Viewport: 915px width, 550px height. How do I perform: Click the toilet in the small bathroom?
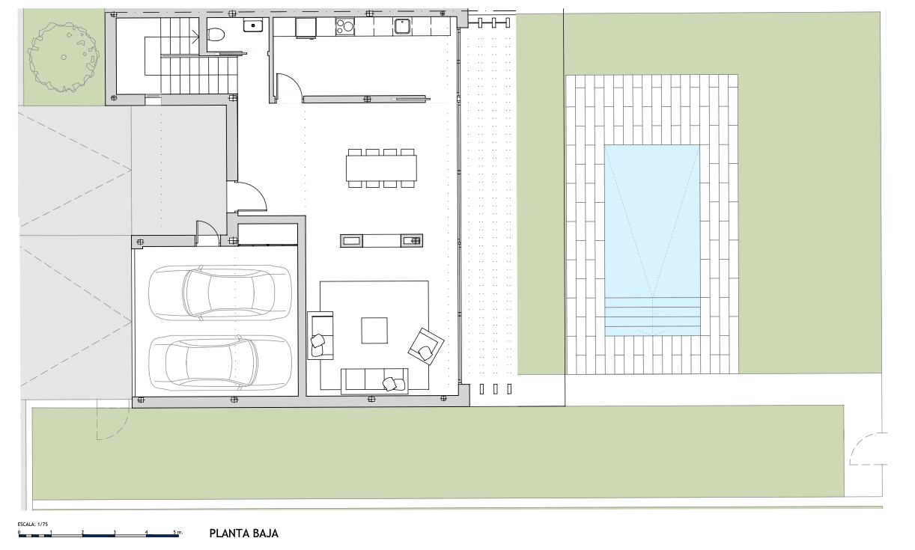[x=216, y=34]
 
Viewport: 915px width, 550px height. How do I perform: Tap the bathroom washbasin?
[x=253, y=25]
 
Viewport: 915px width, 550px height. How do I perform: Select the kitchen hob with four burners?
[x=344, y=27]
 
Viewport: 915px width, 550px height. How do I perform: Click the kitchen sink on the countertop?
[x=402, y=26]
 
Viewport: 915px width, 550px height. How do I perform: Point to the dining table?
[x=382, y=168]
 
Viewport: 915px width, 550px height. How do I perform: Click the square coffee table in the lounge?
[x=374, y=330]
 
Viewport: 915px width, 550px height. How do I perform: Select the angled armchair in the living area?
[x=425, y=346]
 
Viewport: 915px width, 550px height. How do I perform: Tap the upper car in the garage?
[x=219, y=293]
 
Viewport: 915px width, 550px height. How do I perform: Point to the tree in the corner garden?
[x=64, y=57]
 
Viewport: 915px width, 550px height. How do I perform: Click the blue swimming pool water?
[x=652, y=240]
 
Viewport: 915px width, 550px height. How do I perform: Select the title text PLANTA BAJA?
[x=244, y=534]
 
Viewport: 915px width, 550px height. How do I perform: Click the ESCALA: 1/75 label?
[x=33, y=525]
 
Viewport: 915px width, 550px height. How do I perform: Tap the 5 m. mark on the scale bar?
[x=177, y=532]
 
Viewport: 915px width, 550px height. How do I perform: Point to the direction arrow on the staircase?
[x=195, y=37]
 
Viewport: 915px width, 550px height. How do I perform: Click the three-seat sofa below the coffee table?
[x=374, y=381]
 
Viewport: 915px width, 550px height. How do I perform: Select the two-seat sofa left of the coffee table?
[x=320, y=335]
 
